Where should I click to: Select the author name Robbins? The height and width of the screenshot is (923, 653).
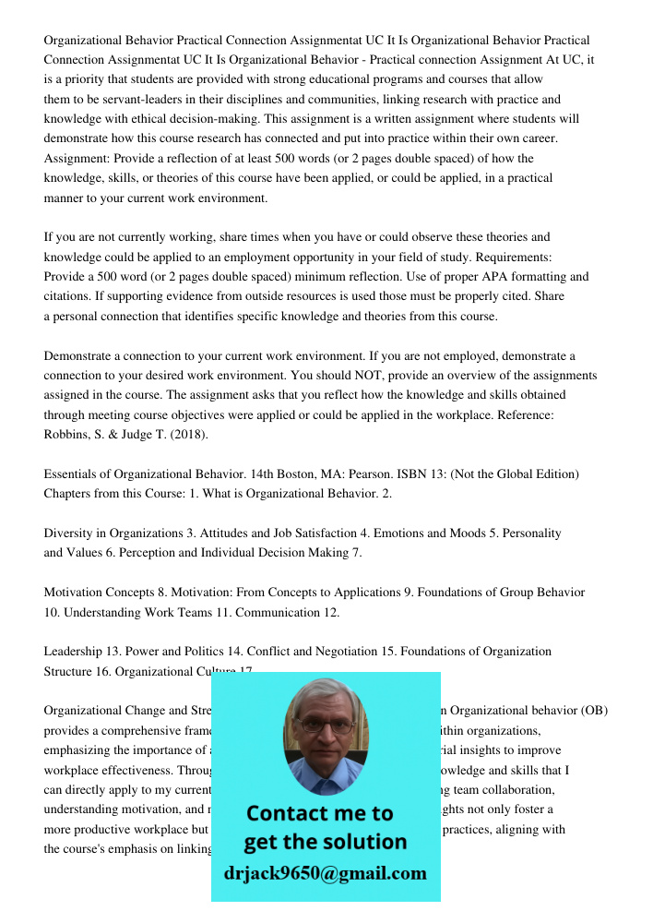(x=65, y=435)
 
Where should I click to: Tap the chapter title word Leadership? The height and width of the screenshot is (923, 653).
(x=74, y=652)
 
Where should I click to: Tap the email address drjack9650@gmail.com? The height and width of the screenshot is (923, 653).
(x=325, y=873)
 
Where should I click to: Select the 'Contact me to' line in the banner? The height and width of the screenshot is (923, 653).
(x=320, y=814)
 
